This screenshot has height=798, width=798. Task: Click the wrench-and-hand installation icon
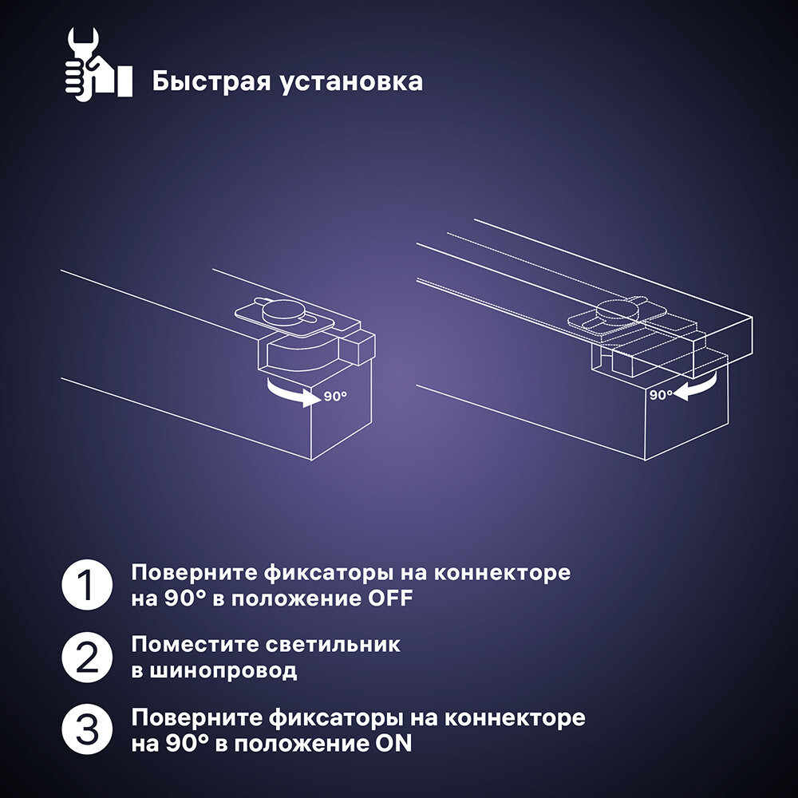(x=97, y=63)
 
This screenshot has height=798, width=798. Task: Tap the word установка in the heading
(x=352, y=81)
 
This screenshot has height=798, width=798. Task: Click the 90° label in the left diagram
(x=335, y=396)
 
